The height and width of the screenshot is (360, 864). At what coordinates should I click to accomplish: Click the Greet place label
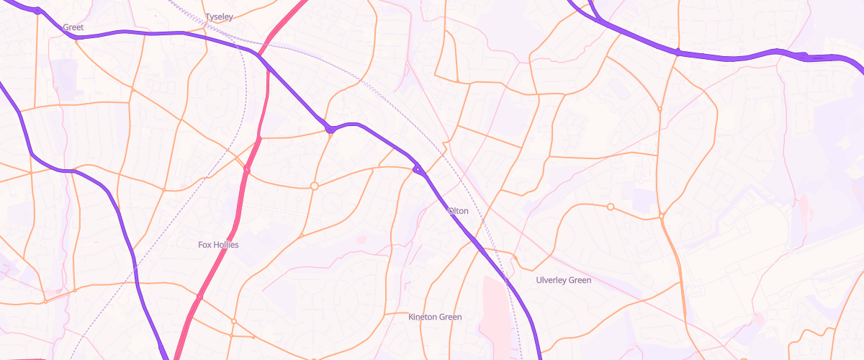click(x=73, y=27)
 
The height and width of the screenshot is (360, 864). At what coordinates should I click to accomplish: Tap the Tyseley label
click(x=219, y=17)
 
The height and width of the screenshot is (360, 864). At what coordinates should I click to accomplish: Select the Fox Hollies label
click(x=218, y=245)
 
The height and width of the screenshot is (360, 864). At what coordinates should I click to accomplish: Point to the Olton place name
click(x=458, y=211)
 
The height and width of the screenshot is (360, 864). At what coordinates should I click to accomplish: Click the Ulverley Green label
click(x=564, y=280)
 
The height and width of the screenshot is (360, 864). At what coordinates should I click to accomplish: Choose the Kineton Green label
click(x=435, y=317)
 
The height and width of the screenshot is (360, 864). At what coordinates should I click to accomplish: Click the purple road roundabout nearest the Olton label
click(x=418, y=170)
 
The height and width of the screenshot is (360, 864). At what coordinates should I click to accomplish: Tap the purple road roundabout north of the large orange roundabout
click(x=330, y=130)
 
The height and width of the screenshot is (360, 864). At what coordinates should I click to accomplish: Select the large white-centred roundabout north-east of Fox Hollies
click(x=314, y=186)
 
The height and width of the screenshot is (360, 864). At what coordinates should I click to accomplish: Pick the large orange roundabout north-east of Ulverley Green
click(x=611, y=207)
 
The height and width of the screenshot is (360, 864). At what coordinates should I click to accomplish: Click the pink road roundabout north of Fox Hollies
click(x=246, y=171)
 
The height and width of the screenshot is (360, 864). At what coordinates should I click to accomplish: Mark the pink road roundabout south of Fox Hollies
click(x=199, y=297)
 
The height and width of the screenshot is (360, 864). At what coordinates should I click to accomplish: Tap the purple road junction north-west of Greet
click(x=37, y=11)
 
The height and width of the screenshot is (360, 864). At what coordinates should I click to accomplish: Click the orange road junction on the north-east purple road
click(x=678, y=51)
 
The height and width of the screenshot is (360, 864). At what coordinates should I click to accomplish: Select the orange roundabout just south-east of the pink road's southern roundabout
click(x=234, y=321)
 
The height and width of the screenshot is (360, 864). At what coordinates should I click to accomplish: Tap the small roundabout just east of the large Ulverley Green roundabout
click(x=661, y=215)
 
